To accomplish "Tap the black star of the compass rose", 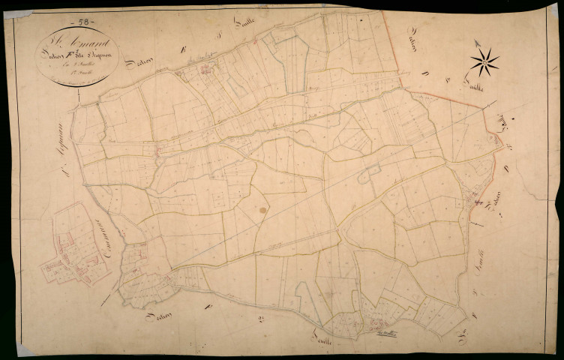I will tap(484, 62).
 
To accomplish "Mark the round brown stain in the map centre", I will tap(263, 211).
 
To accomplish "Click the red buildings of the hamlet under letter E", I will tap(204, 71).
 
